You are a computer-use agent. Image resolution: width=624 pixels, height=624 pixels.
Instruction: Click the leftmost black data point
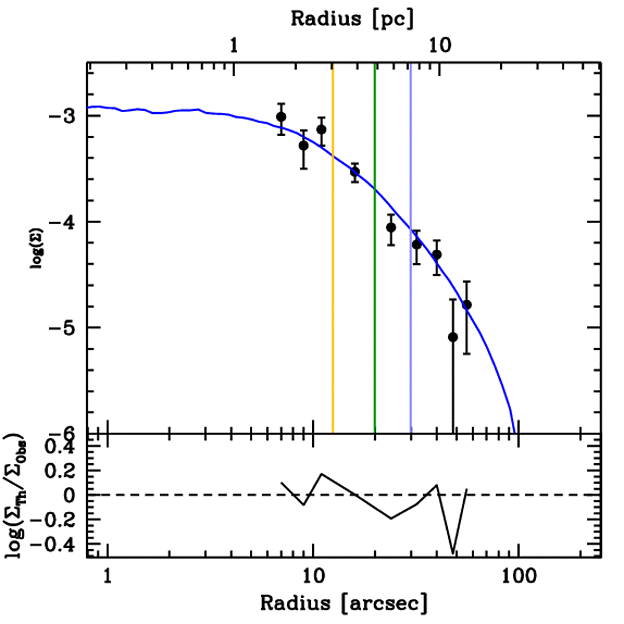pos(281,116)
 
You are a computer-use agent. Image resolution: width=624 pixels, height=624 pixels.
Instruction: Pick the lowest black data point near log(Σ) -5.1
pos(453,337)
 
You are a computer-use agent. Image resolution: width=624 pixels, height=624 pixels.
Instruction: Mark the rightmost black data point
pos(467,304)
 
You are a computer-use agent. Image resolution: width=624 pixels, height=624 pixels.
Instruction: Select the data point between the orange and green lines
pos(355,172)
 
